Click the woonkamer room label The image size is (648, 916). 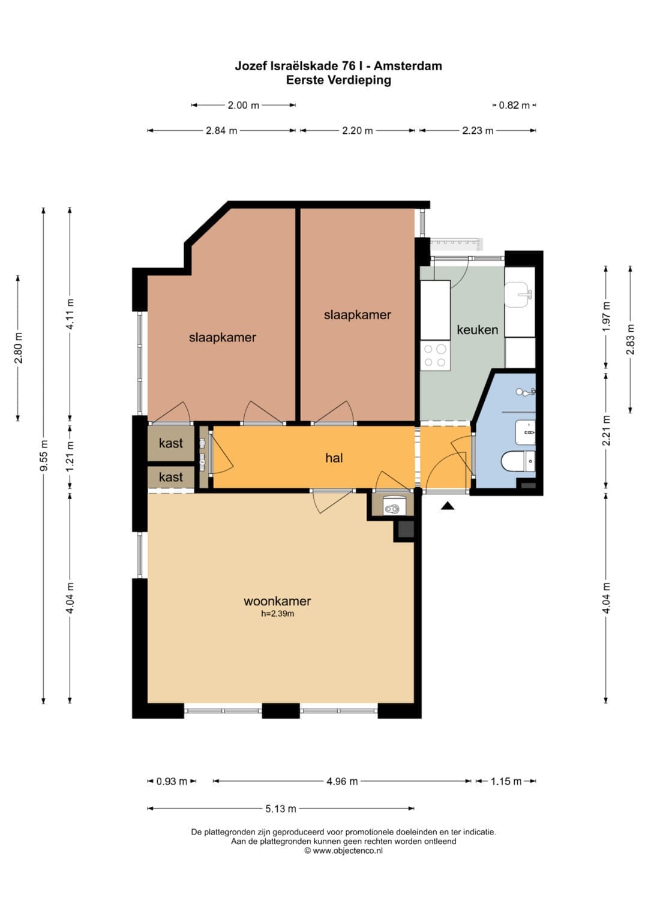[x=277, y=600]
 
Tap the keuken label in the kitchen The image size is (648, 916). [x=478, y=329]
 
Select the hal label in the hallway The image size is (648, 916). [x=334, y=458]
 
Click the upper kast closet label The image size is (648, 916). [x=171, y=443]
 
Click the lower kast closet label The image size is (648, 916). [x=171, y=477]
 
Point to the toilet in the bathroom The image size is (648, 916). [x=518, y=461]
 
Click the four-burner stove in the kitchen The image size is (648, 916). [x=435, y=355]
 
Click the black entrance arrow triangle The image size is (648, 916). [x=448, y=506]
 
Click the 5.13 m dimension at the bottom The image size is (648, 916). [x=281, y=809]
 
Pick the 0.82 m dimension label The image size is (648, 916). [x=514, y=105]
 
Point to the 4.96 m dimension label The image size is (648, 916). [x=342, y=782]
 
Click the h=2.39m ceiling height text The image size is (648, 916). [x=277, y=614]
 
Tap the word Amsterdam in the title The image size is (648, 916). [x=408, y=66]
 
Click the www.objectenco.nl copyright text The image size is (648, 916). [x=344, y=851]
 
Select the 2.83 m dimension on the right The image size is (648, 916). [x=631, y=340]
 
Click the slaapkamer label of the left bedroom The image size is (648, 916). [x=222, y=337]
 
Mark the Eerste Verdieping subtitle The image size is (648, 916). [x=338, y=80]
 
